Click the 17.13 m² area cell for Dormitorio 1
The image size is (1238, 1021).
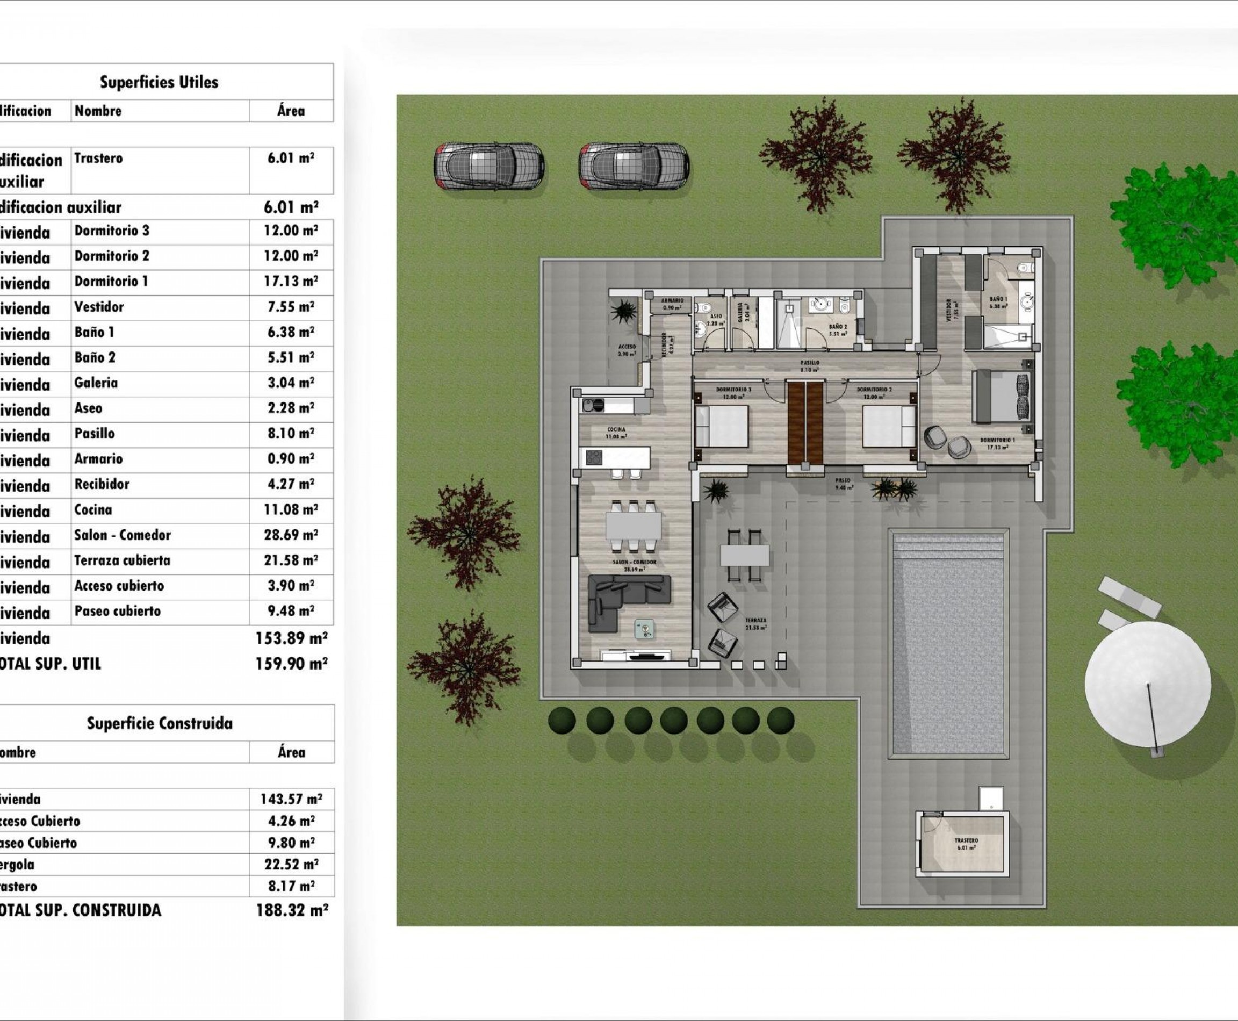click(291, 282)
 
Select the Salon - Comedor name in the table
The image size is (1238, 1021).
click(123, 535)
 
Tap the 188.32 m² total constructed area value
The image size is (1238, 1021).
click(292, 910)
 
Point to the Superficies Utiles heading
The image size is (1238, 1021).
click(159, 82)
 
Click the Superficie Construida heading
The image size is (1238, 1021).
click(160, 723)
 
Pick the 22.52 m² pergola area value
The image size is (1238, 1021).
click(291, 865)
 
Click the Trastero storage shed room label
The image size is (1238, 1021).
click(966, 844)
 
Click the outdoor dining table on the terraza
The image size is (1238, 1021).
click(745, 555)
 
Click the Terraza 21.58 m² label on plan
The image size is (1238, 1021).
click(755, 624)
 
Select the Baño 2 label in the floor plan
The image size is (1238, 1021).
click(838, 330)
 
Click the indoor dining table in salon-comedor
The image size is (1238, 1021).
click(634, 526)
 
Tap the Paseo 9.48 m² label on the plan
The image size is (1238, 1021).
click(844, 484)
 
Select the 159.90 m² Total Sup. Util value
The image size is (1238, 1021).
click(292, 664)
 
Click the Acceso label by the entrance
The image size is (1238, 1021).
click(627, 350)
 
